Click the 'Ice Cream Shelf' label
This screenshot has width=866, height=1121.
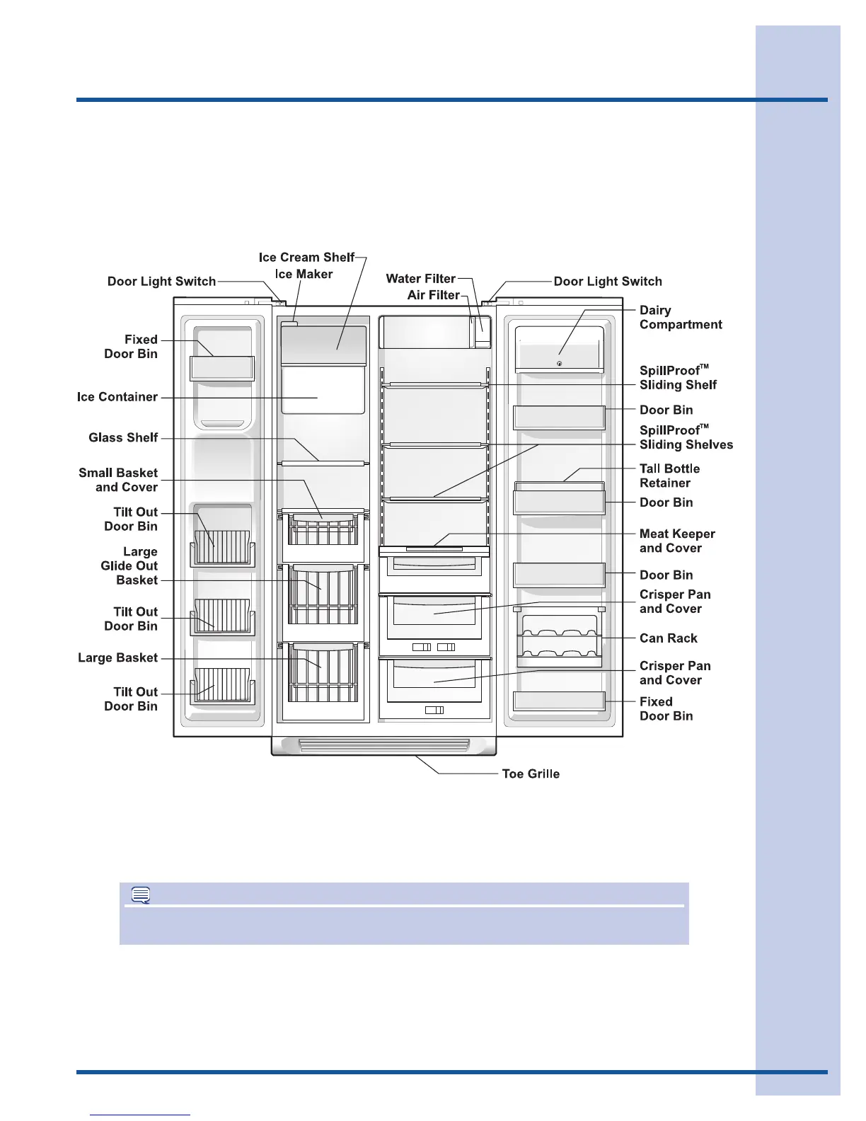click(306, 258)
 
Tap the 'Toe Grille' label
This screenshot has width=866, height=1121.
click(531, 774)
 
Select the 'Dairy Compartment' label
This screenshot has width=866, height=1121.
click(681, 318)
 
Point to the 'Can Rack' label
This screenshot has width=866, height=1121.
click(668, 638)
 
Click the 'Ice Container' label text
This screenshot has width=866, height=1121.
click(117, 397)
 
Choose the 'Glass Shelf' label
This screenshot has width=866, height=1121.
click(123, 438)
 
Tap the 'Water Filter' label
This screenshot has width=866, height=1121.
click(421, 279)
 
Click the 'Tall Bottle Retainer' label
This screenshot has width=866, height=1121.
click(669, 476)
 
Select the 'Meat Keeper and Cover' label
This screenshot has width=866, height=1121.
click(677, 541)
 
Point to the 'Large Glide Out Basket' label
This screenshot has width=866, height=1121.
click(129, 566)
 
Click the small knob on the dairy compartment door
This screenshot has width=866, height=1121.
click(560, 364)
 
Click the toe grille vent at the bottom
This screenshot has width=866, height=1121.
click(384, 745)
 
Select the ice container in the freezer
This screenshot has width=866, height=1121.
click(323, 391)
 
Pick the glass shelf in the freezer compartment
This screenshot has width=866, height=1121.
click(324, 464)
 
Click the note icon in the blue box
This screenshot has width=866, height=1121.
click(141, 896)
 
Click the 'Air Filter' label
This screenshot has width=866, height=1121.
click(433, 295)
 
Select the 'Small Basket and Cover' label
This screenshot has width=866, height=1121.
click(118, 481)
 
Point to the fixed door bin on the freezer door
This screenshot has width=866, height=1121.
click(222, 368)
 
